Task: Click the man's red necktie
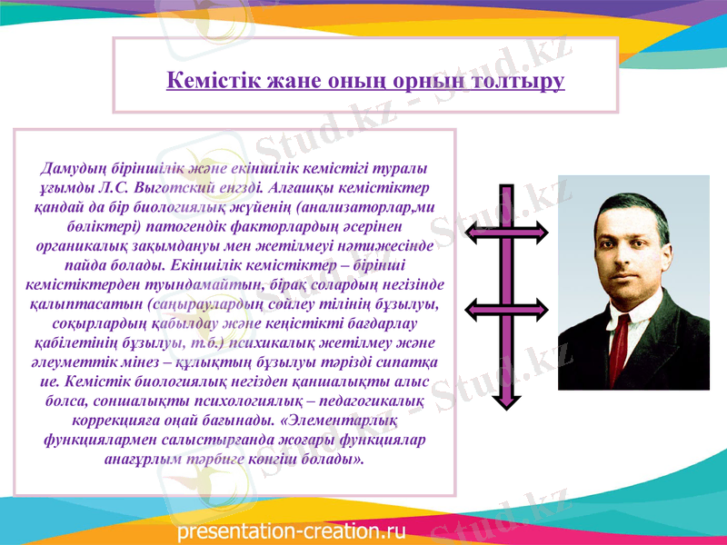pos(620,345)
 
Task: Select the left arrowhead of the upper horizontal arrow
pos(474,233)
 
